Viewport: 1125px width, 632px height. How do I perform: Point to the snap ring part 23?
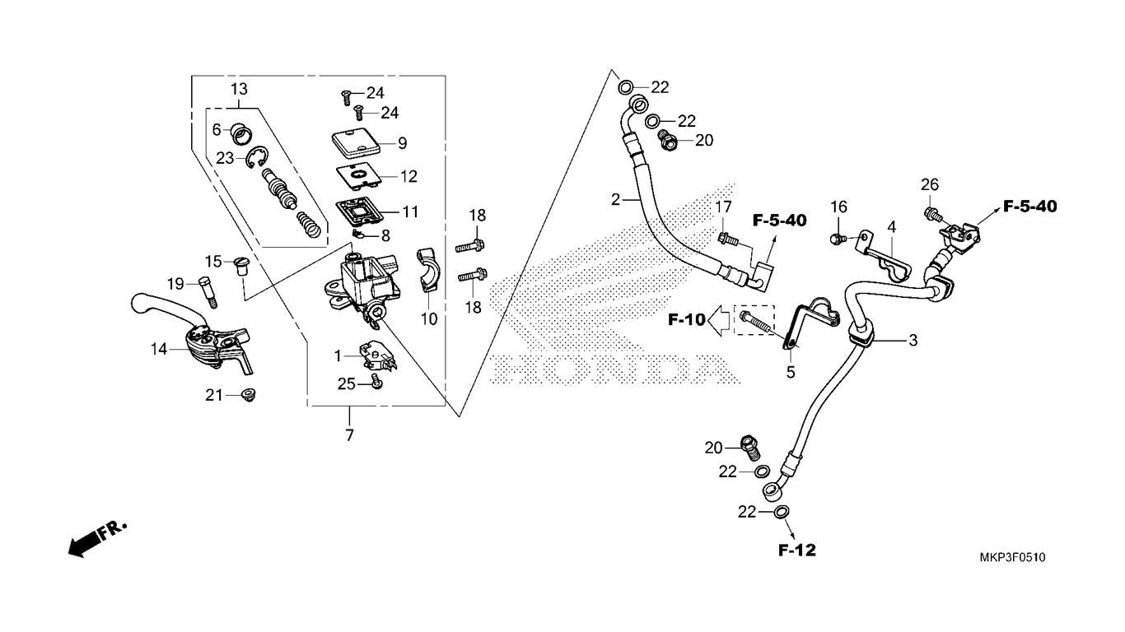point(258,156)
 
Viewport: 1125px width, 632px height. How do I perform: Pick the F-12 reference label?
point(796,550)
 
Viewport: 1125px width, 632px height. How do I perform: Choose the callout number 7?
point(349,435)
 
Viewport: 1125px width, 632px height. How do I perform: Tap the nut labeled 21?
point(246,396)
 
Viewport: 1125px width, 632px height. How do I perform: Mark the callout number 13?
point(238,88)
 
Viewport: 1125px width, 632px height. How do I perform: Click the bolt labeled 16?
point(837,239)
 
